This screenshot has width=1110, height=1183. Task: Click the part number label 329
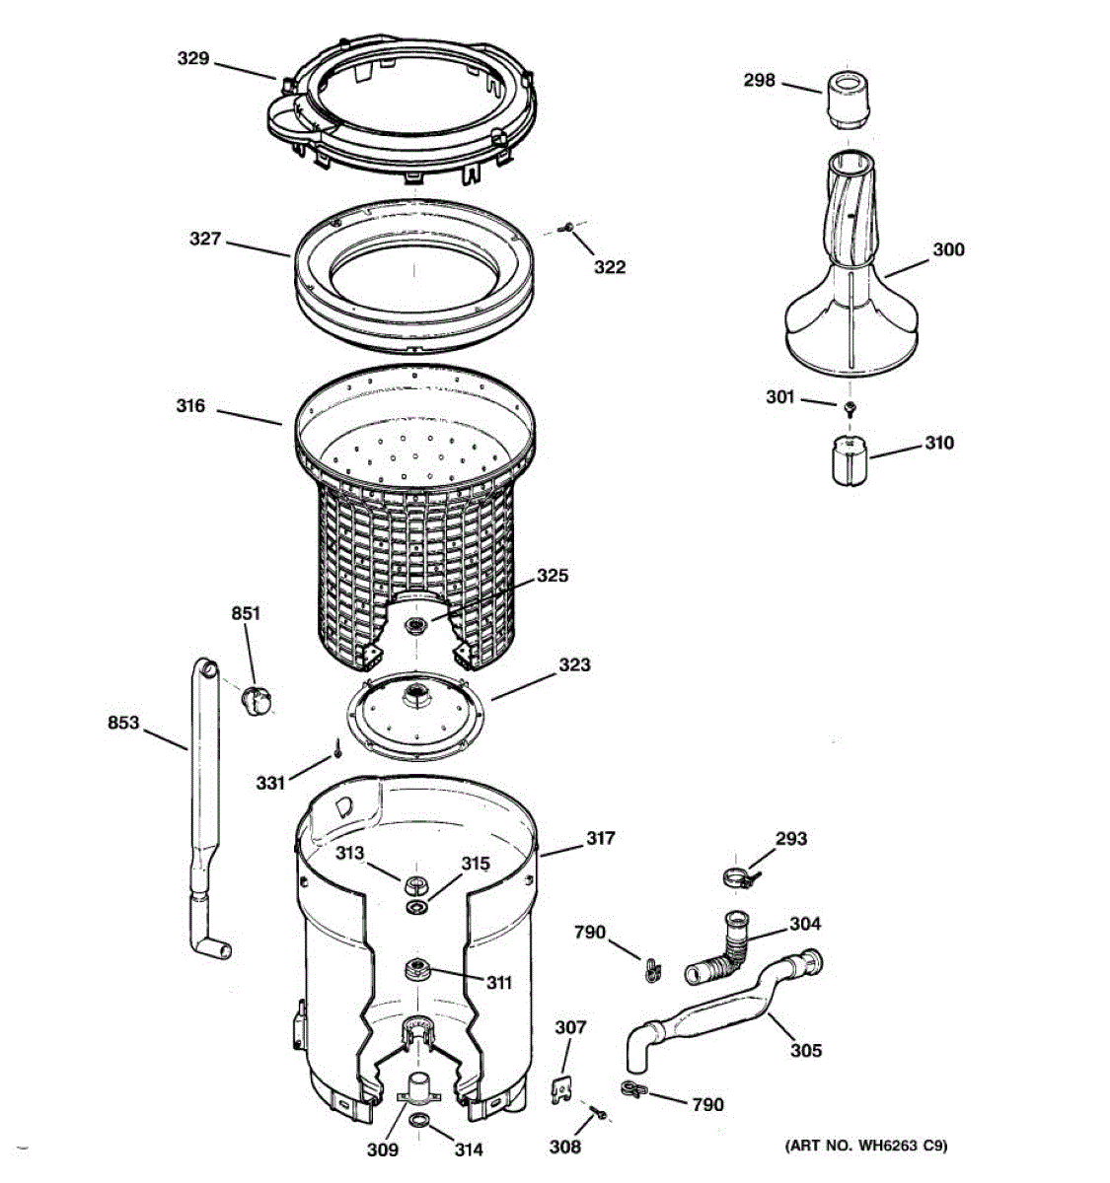[x=192, y=59]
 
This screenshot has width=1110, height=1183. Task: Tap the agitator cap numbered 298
[x=849, y=99]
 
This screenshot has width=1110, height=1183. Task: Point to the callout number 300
[x=948, y=249]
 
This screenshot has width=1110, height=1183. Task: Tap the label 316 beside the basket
[x=190, y=405]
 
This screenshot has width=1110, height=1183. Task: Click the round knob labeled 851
[x=257, y=699]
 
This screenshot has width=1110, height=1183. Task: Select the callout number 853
[x=123, y=724]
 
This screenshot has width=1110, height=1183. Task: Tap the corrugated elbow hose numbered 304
[x=726, y=951]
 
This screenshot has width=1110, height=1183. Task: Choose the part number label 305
[x=805, y=1050]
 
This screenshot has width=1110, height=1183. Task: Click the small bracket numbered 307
[x=561, y=1089]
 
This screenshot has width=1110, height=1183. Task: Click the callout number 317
[x=600, y=838]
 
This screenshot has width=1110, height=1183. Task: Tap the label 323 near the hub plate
[x=574, y=664]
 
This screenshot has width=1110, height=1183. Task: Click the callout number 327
[x=205, y=239]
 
